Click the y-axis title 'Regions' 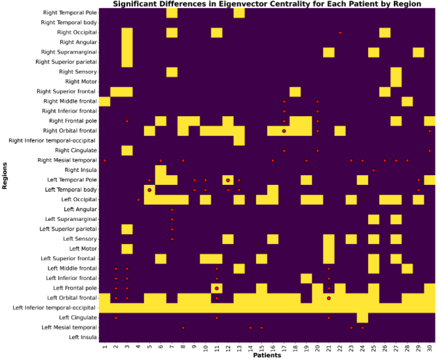(x=5, y=176)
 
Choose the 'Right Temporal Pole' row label (x=68, y=12)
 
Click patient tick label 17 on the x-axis (x=284, y=346)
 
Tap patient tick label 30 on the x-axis (x=430, y=346)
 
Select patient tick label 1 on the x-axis (x=104, y=346)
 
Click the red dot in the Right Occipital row (x=339, y=32)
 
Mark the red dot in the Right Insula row (x=374, y=170)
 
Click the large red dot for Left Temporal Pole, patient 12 (x=227, y=180)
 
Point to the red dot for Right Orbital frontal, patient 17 (x=284, y=130)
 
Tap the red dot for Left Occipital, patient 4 (x=138, y=199)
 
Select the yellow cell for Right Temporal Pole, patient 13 (x=239, y=12)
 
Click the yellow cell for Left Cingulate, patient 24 (x=362, y=317)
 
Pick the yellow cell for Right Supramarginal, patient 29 (x=419, y=52)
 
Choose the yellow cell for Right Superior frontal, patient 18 (x=295, y=91)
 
